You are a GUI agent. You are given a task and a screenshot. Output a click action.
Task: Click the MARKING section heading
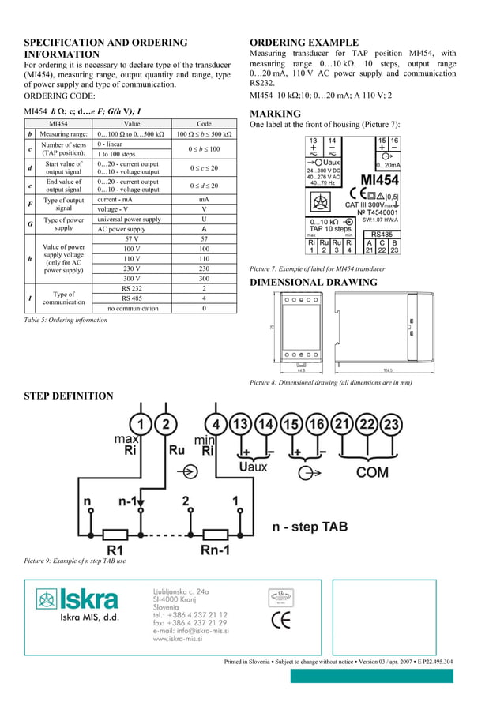275,114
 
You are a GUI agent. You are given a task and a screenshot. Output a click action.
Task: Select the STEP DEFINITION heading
69,396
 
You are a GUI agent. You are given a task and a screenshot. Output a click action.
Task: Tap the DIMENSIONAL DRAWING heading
314,282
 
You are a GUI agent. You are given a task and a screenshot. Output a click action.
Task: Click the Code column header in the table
204,124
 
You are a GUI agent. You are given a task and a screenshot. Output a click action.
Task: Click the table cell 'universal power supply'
129,219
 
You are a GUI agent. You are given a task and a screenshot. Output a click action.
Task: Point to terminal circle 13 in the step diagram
240,426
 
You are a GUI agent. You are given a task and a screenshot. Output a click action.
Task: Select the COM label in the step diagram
372,473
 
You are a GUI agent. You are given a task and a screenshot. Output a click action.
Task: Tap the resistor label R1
116,549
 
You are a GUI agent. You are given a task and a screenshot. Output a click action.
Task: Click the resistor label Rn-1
216,549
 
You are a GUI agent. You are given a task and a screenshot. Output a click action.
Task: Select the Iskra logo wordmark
88,599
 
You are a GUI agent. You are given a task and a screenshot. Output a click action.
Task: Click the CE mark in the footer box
280,620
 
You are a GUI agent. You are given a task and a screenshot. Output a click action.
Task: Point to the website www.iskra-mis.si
178,639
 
